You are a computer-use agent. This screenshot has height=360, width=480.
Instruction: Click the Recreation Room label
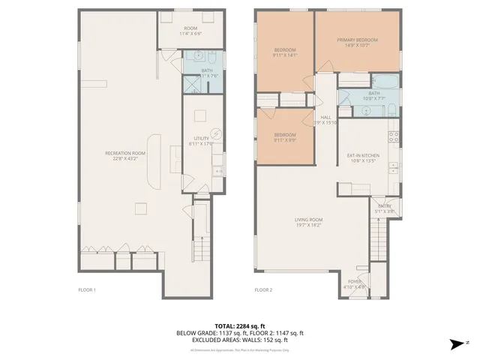pyautogui.click(x=125, y=155)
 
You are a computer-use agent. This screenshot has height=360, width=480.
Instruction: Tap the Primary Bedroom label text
pyautogui.click(x=356, y=42)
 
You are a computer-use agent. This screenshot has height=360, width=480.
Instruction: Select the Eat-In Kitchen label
pyautogui.click(x=362, y=158)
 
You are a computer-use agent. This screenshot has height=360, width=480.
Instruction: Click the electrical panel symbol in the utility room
pyautogui.click(x=217, y=133)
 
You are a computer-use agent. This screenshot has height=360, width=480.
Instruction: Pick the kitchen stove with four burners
pyautogui.click(x=392, y=136)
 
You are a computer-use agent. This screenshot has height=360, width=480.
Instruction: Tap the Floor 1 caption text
pyautogui.click(x=87, y=289)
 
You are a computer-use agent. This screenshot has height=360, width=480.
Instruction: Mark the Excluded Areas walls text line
pyautogui.click(x=239, y=339)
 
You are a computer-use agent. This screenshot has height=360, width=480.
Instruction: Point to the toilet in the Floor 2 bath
pyautogui.click(x=391, y=110)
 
